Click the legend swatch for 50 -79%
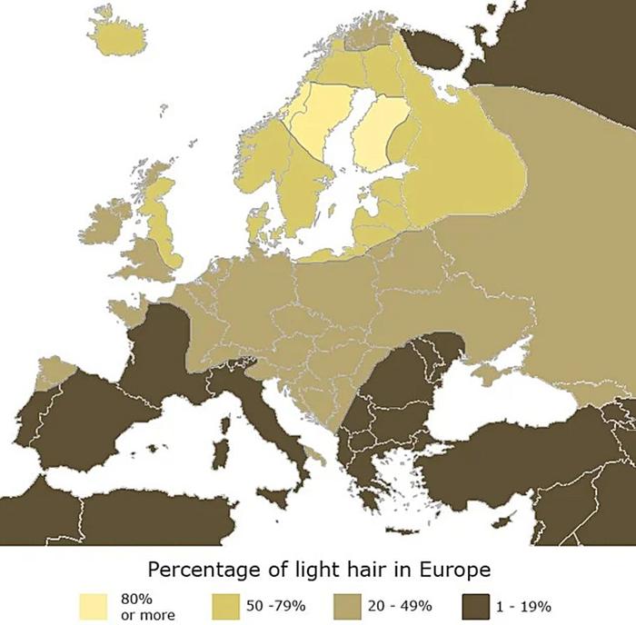[225, 606]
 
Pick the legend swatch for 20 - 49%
[351, 606]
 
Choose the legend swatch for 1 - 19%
[476, 606]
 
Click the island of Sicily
[274, 495]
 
